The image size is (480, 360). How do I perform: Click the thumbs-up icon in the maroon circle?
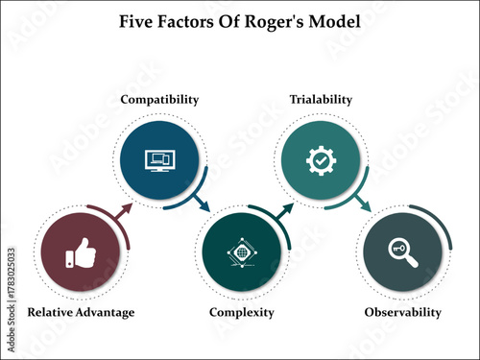[x=82, y=256]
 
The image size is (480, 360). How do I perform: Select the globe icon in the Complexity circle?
[x=241, y=256]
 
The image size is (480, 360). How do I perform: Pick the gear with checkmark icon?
[x=319, y=160]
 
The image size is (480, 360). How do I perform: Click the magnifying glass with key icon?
[x=403, y=254]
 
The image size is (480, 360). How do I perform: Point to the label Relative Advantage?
[x=81, y=312]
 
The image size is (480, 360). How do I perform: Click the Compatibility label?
[x=159, y=99]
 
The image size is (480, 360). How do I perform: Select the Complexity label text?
[x=242, y=312]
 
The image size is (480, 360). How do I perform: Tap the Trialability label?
[x=321, y=99]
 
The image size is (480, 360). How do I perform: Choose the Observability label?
[x=403, y=312]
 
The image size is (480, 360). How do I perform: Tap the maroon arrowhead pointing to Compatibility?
[x=126, y=208]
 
